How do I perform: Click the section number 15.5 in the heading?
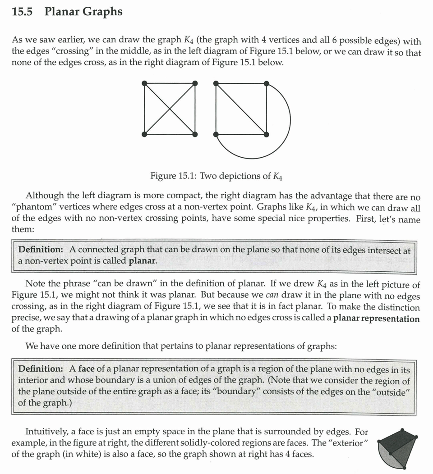pyautogui.click(x=22, y=12)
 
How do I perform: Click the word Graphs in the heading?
pyautogui.click(x=102, y=12)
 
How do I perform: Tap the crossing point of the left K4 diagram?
pyautogui.click(x=170, y=109)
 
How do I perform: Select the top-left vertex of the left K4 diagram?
pyautogui.click(x=144, y=83)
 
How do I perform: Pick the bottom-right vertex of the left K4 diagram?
pyautogui.click(x=195, y=134)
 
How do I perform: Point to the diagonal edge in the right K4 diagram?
pyautogui.click(x=241, y=109)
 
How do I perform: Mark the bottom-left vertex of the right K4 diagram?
pyautogui.click(x=216, y=134)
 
